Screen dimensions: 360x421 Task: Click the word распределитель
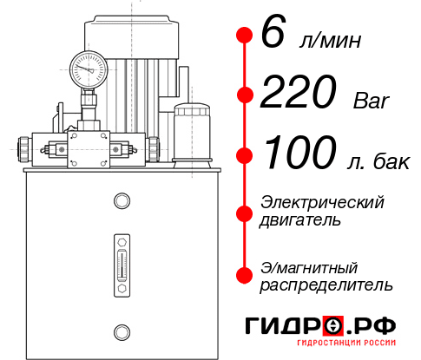point(326,284)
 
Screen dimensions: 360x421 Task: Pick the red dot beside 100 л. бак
point(244,155)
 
